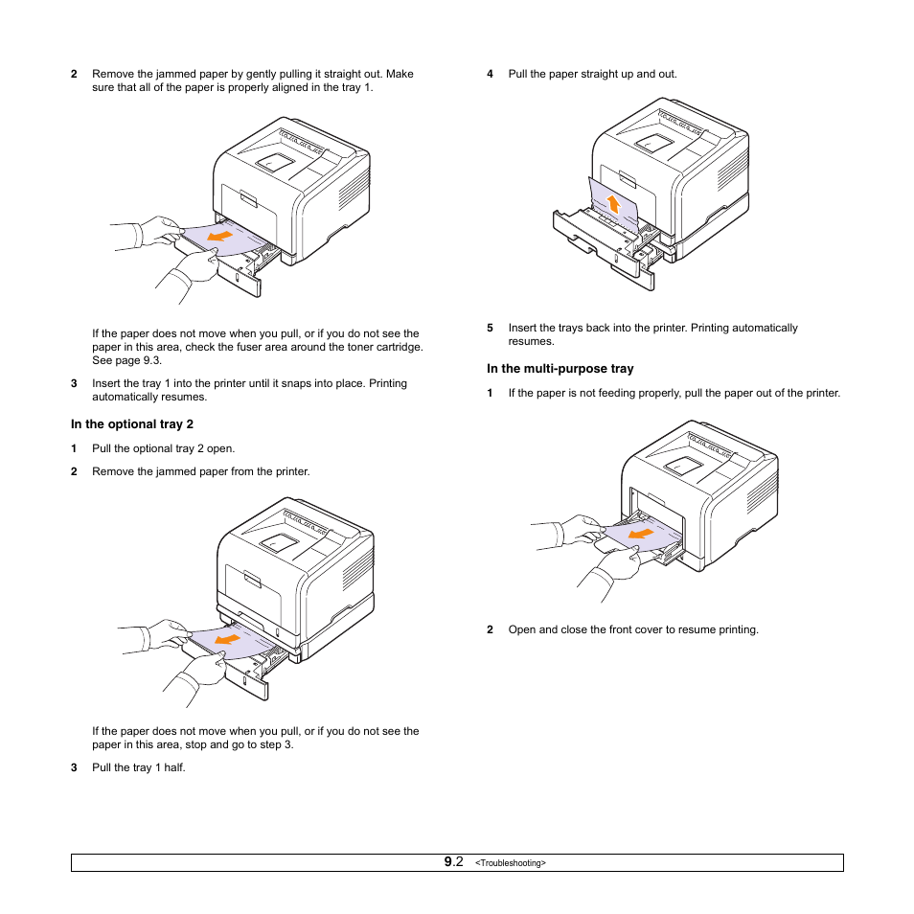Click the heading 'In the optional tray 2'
[x=132, y=424]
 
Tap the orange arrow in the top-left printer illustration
[x=220, y=236]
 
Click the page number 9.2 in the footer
[x=453, y=862]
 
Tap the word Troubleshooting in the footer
[x=510, y=863]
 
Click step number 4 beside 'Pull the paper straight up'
[x=490, y=74]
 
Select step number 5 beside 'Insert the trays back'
[x=490, y=328]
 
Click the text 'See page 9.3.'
[x=126, y=361]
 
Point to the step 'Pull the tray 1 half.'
[x=138, y=767]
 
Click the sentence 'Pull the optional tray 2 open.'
[x=163, y=448]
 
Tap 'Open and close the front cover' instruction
[x=632, y=629]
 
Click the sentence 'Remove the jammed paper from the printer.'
[x=200, y=471]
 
